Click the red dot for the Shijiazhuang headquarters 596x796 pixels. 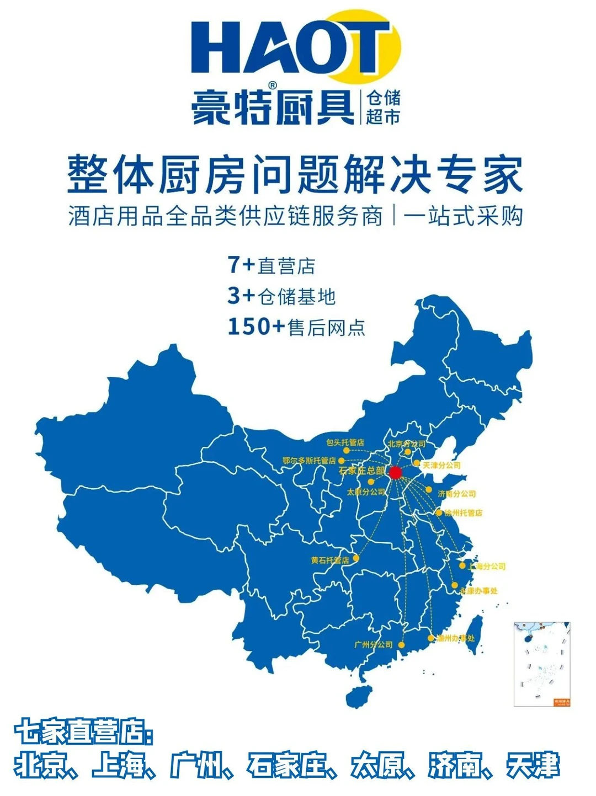pos(395,473)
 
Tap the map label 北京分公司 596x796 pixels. pos(407,444)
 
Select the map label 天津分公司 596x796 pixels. pos(441,465)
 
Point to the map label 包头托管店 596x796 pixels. pos(345,442)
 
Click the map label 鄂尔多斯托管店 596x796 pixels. pos(309,460)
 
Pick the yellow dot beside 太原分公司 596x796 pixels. pos(371,482)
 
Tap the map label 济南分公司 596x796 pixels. pos(456,494)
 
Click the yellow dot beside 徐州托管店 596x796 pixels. pos(439,512)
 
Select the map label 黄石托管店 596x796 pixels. pos(329,560)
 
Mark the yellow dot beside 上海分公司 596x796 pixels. pos(462,565)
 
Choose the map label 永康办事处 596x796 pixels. pos(478,591)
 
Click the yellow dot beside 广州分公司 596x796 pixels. pos(402,644)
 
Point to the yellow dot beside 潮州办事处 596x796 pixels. pos(431,638)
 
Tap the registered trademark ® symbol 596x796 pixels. pos(272,86)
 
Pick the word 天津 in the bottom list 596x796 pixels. pos(533,766)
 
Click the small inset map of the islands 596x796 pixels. pos(541,664)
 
